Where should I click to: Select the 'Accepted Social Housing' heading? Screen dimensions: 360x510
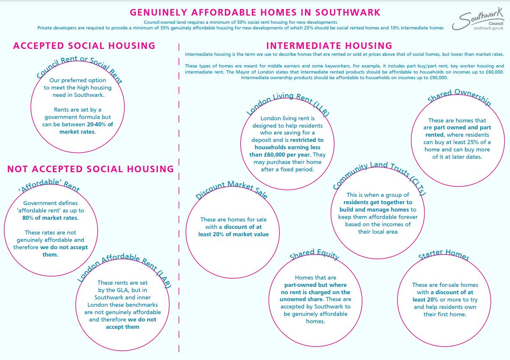click(x=84, y=46)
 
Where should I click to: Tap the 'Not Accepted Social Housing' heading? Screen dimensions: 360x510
click(x=90, y=169)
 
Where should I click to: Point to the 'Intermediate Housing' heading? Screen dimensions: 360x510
click(x=329, y=46)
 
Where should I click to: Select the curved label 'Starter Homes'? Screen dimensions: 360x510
click(x=444, y=256)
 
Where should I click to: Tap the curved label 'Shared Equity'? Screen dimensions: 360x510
click(x=314, y=256)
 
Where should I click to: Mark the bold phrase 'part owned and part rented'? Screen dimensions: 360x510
click(x=457, y=131)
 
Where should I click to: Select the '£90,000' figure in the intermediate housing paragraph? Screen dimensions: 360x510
click(x=437, y=78)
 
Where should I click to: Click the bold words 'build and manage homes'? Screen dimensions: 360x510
click(x=378, y=210)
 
